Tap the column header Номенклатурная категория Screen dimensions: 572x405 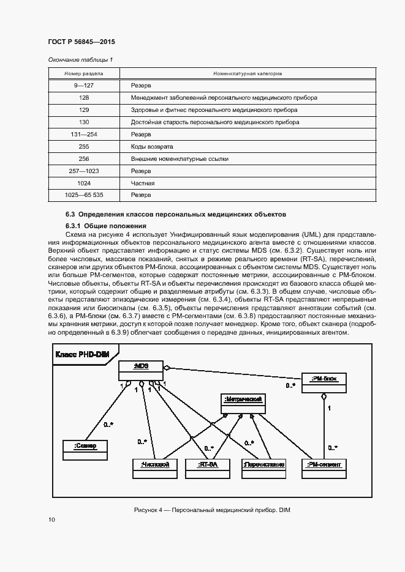click(x=248, y=73)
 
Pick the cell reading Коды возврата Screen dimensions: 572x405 click(x=152, y=147)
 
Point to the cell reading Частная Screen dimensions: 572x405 click(x=142, y=183)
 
